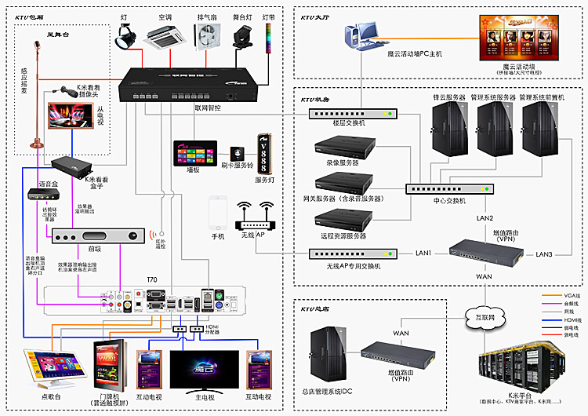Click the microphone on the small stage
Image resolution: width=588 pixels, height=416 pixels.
tap(34, 47)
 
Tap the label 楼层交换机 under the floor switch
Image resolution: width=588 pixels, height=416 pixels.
tap(349, 123)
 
